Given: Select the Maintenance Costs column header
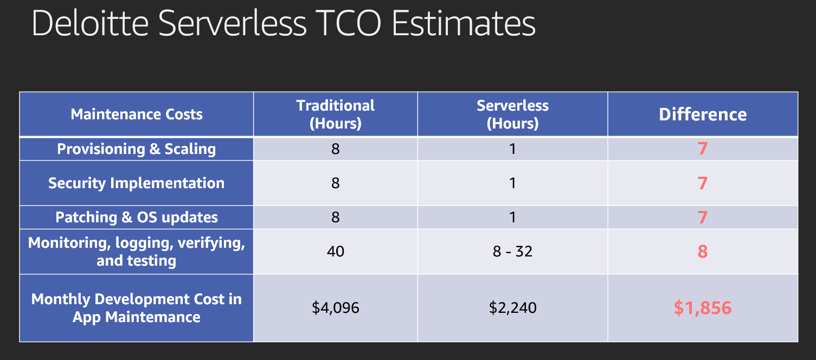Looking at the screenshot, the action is pos(137,114).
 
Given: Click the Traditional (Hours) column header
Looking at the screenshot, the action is pos(336,114).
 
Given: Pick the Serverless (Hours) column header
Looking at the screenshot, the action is pos(512,114).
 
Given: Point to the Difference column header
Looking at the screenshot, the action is pos(703,114).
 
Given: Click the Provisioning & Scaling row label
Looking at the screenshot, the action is pos(137,149).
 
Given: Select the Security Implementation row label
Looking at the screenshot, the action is pos(137,183).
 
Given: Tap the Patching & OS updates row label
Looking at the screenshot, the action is pos(137,217).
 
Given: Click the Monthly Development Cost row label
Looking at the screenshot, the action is pos(137,308).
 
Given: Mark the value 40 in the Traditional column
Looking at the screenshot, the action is pos(336,252).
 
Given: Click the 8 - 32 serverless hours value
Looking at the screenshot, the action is pos(512,252).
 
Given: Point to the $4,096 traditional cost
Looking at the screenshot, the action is pos(336,308).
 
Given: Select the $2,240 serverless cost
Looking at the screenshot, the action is pos(512,308).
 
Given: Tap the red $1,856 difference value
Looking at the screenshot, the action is pos(703,308).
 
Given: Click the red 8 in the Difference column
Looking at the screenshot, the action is pos(703,252).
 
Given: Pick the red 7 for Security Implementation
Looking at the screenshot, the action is pos(703,183).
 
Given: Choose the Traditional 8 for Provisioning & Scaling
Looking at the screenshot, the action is pos(336,149).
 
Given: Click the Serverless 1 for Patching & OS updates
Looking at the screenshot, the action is pos(512,217).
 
